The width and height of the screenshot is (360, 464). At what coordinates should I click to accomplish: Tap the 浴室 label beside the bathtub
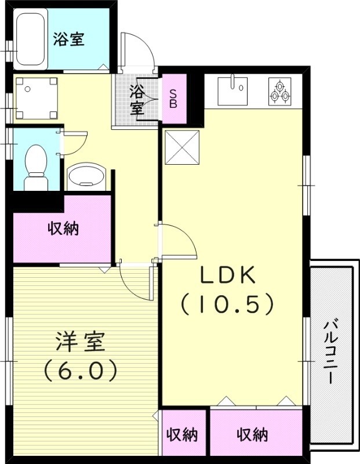[69, 39]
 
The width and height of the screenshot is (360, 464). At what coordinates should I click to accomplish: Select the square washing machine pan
[36, 98]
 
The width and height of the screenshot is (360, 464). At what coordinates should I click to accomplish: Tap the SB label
[174, 98]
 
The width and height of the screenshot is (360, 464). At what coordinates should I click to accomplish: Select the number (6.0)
[81, 370]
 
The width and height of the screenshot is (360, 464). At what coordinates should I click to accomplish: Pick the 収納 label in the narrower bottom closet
[183, 435]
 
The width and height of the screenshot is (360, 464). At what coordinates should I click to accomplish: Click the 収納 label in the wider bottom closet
[252, 434]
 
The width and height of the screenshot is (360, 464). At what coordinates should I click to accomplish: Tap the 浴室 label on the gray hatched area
[137, 99]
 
